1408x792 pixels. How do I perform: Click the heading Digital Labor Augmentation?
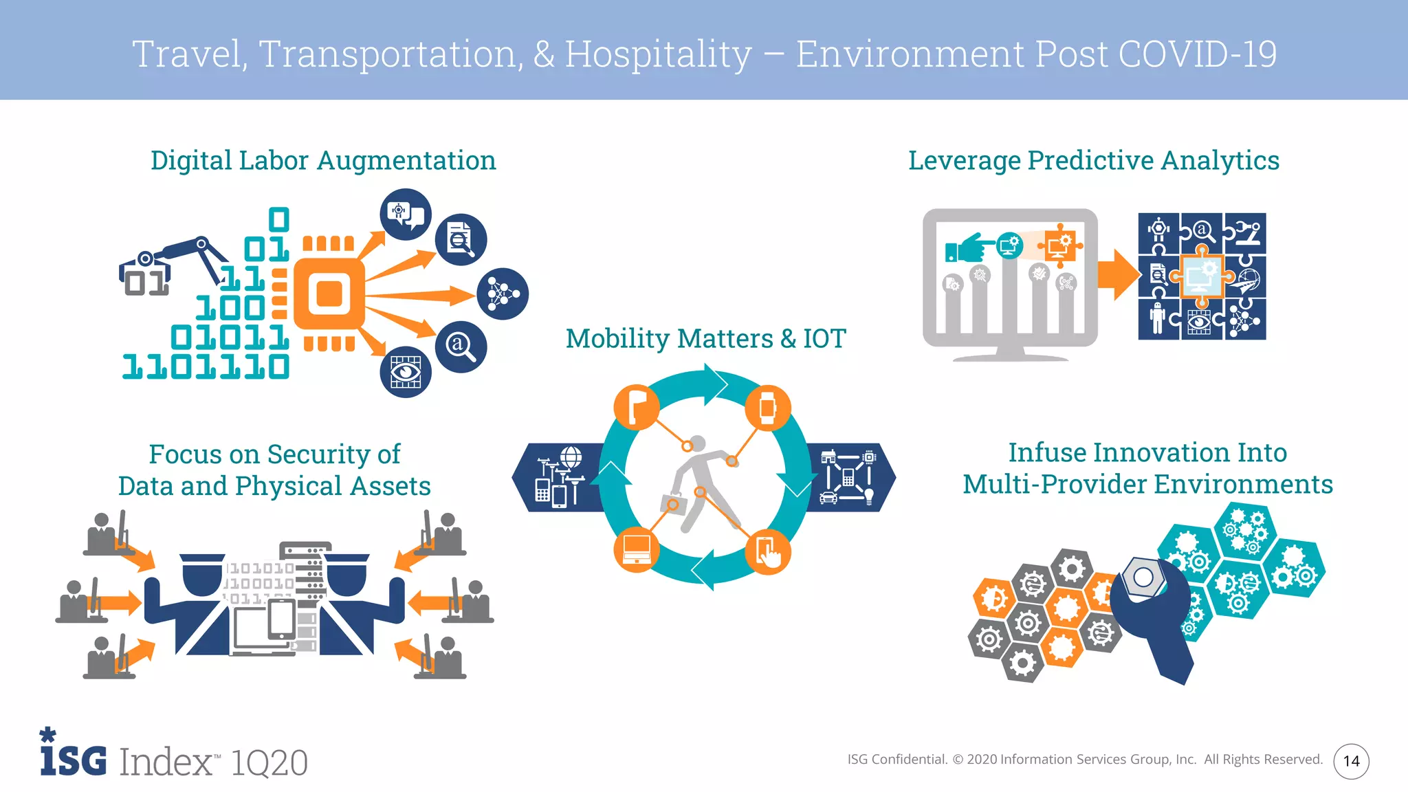[323, 161]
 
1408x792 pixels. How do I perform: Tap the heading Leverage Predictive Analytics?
[1093, 161]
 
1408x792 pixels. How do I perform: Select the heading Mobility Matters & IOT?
[705, 339]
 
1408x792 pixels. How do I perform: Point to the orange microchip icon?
[329, 294]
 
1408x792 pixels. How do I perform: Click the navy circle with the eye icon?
[406, 372]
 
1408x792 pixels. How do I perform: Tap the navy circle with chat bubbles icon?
[406, 214]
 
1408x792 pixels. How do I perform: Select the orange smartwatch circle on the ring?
[767, 408]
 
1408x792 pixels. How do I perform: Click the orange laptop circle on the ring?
[637, 550]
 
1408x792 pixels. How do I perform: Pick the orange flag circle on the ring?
[637, 408]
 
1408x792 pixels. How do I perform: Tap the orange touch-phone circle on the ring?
[768, 552]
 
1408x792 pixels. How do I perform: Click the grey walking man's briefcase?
[672, 504]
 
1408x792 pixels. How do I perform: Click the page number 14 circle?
[1351, 761]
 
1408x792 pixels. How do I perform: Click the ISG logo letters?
[74, 759]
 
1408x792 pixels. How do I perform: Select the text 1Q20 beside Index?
[269, 762]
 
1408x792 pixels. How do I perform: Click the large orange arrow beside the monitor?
[1119, 275]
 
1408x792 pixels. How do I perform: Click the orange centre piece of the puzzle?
[1202, 276]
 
